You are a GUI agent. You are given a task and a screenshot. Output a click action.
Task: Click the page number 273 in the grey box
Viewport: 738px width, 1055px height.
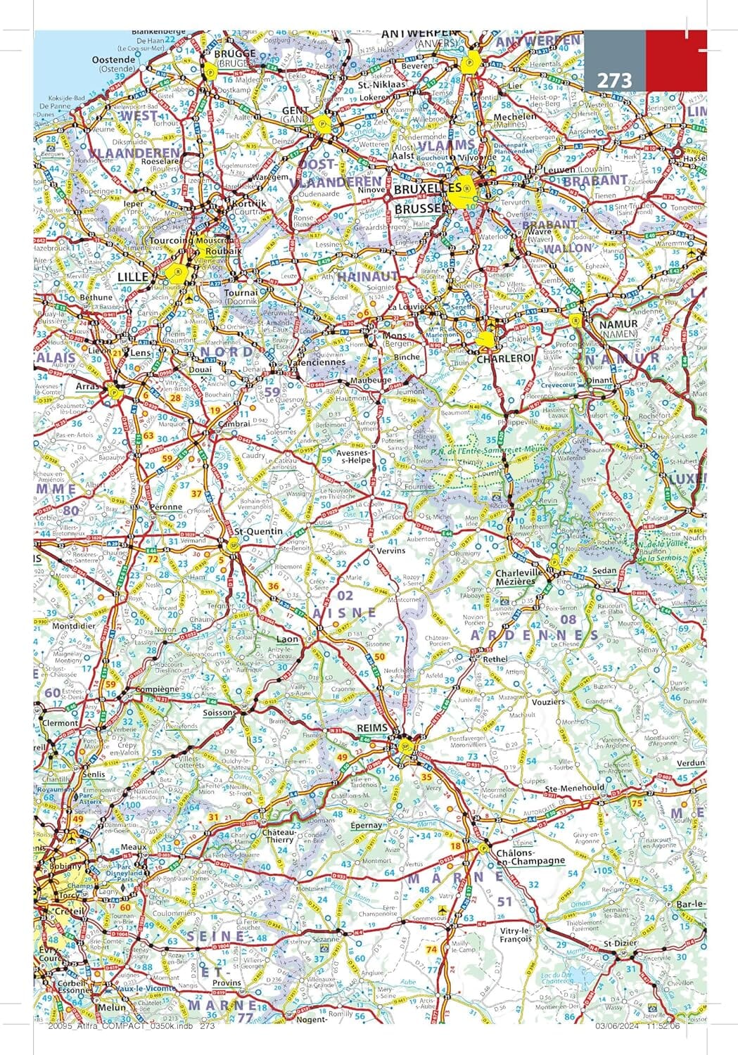click(614, 80)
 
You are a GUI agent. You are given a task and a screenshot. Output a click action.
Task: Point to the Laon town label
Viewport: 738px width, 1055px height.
click(288, 639)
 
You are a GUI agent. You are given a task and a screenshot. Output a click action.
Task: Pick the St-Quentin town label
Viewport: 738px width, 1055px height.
click(258, 531)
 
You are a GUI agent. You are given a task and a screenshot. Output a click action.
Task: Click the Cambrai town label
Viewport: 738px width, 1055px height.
click(234, 423)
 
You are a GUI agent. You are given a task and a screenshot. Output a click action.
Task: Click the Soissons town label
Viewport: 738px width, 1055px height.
click(217, 712)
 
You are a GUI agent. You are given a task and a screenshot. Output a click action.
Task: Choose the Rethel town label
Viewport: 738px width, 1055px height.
click(495, 659)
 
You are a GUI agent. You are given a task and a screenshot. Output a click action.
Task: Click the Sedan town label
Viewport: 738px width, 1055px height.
click(604, 571)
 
